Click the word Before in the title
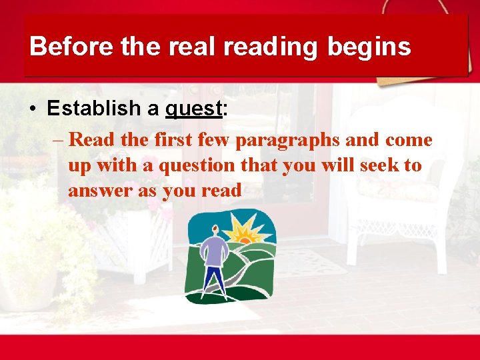click(61, 47)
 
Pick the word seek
click(379, 165)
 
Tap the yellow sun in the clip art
click(243, 233)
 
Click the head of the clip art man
click(214, 231)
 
